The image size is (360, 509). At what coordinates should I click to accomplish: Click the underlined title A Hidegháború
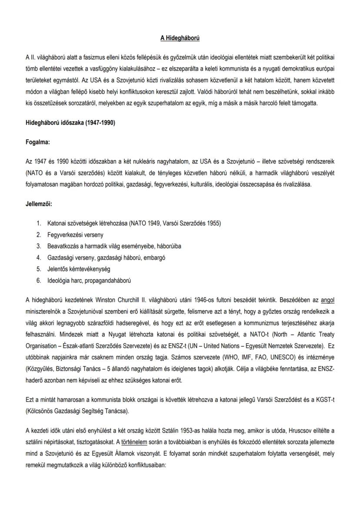(180, 39)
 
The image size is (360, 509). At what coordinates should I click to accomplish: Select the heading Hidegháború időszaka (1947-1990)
(70, 123)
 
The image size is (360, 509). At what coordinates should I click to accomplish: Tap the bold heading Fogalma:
(38, 141)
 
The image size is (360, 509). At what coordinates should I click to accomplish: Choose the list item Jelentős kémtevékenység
(79, 269)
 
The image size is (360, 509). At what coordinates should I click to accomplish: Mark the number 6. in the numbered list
(39, 280)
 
